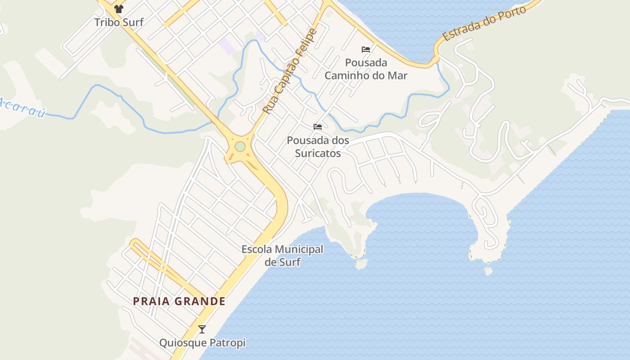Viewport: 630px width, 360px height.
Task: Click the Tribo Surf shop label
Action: tap(119, 22)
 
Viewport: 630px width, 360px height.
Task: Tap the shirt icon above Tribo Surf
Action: tap(119, 9)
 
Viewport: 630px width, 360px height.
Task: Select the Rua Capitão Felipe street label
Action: tap(290, 71)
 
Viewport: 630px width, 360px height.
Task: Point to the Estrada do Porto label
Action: tap(484, 24)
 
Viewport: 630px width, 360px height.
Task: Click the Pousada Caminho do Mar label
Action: tap(366, 69)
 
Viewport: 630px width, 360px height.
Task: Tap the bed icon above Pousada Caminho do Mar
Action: tap(366, 49)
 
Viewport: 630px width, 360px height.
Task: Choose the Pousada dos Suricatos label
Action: tap(318, 147)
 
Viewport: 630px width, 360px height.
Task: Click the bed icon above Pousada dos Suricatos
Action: tap(318, 127)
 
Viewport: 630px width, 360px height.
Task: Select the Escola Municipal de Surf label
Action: tap(282, 255)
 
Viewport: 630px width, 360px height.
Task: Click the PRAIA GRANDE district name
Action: tap(179, 301)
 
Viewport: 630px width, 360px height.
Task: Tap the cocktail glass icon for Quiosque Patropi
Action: tap(202, 329)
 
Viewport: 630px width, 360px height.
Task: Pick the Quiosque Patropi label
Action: tap(202, 343)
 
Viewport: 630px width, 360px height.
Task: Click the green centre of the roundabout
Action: tap(240, 147)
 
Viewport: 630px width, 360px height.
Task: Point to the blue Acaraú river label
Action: tap(22, 108)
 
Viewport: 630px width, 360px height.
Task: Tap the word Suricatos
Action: tap(318, 153)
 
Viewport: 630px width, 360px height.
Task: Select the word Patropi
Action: tap(229, 343)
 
